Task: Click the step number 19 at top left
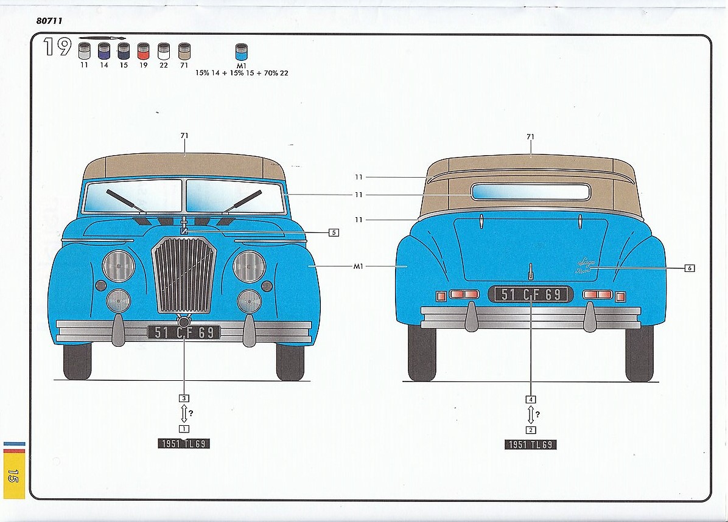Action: pyautogui.click(x=57, y=47)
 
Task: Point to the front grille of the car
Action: pyautogui.click(x=184, y=274)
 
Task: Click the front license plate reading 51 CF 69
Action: pyautogui.click(x=184, y=332)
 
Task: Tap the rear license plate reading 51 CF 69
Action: pyautogui.click(x=531, y=294)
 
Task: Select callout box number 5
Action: pyautogui.click(x=333, y=232)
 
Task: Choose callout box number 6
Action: pyautogui.click(x=689, y=268)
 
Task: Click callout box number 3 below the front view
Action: pyautogui.click(x=184, y=398)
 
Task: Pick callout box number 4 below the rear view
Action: pyautogui.click(x=531, y=399)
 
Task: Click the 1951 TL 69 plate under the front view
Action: pyautogui.click(x=184, y=444)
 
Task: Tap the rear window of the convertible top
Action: pyautogui.click(x=531, y=192)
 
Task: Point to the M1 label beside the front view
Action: pyautogui.click(x=358, y=266)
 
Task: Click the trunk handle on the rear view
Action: pyautogui.click(x=531, y=270)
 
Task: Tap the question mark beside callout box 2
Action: pyautogui.click(x=537, y=415)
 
